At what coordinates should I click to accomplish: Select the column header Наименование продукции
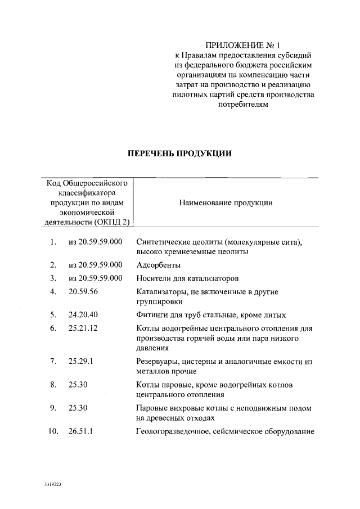click(x=226, y=203)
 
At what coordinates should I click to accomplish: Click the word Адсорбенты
click(x=159, y=264)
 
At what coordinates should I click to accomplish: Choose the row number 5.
click(x=53, y=314)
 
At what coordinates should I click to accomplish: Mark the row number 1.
click(x=53, y=242)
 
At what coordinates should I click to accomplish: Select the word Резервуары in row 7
click(x=159, y=361)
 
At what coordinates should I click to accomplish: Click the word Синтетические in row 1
click(x=163, y=242)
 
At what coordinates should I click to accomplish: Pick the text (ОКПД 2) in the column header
click(x=112, y=222)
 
